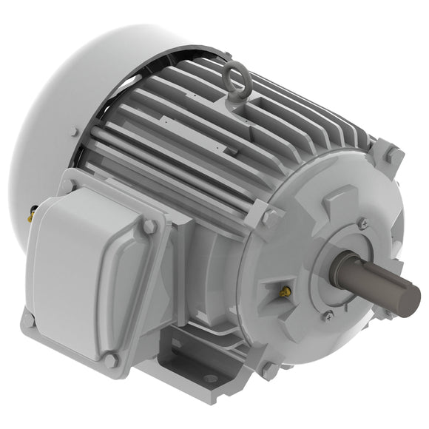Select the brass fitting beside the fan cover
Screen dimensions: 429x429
[x=31, y=216]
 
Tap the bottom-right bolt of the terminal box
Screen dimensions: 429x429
[x=111, y=360]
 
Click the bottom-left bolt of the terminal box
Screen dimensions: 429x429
[x=28, y=320]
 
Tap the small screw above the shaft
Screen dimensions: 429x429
[x=362, y=223]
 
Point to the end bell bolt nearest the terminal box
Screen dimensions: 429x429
[x=270, y=217]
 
